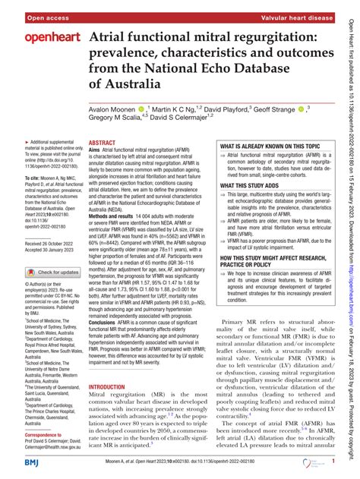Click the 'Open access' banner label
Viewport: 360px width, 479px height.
[x=28, y=9]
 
